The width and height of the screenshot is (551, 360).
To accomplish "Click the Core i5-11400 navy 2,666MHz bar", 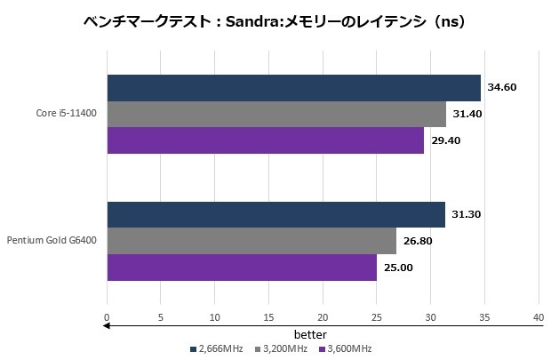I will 293,88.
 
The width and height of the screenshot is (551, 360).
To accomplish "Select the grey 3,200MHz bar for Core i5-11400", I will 276,115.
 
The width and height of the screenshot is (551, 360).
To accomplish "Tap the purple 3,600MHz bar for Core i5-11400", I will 266,140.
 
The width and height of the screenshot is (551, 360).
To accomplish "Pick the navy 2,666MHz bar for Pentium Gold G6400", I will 275,215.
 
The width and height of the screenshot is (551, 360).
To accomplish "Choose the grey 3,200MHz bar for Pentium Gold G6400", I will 252,241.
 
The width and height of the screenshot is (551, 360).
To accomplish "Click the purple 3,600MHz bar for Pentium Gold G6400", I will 242,267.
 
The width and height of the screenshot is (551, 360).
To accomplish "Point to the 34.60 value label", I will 502,87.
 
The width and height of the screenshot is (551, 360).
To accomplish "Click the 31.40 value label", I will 467,114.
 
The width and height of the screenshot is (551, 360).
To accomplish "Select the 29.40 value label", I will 445,140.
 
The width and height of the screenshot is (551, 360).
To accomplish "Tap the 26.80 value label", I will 418,241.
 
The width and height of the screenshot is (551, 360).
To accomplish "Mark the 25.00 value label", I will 398,267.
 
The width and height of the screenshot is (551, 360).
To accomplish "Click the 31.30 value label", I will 467,215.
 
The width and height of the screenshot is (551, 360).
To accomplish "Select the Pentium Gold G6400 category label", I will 52,241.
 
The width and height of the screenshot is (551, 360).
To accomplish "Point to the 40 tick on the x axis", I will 539,316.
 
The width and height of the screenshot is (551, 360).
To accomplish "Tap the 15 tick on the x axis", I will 268,316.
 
